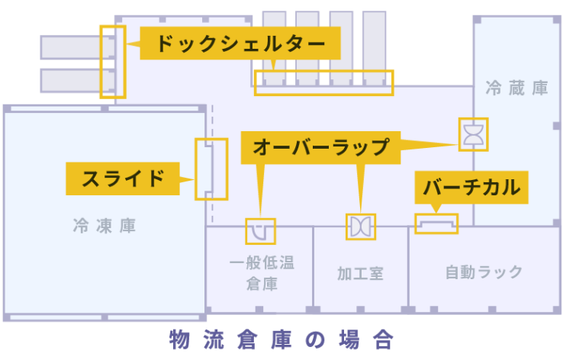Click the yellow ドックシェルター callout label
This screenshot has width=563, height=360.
[x=240, y=43]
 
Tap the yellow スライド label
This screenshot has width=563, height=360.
[x=122, y=178]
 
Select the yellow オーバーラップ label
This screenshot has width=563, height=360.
[x=320, y=146]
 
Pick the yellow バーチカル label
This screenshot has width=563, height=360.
[x=471, y=187]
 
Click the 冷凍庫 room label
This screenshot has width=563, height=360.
[x=105, y=227]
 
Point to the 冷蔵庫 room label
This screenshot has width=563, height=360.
[x=517, y=88]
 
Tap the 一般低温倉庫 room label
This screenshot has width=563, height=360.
[x=262, y=274]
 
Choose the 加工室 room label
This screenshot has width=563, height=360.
[x=360, y=273]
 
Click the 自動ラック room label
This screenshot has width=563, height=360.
[x=484, y=272]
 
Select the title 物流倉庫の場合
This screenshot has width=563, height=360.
[x=281, y=339]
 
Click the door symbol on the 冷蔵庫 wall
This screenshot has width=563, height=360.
[x=473, y=135]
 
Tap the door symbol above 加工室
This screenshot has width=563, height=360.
[x=360, y=226]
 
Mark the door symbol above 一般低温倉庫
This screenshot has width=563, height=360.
[x=260, y=230]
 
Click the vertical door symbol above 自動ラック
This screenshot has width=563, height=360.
[x=436, y=223]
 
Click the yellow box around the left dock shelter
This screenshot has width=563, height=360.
[x=112, y=62]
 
